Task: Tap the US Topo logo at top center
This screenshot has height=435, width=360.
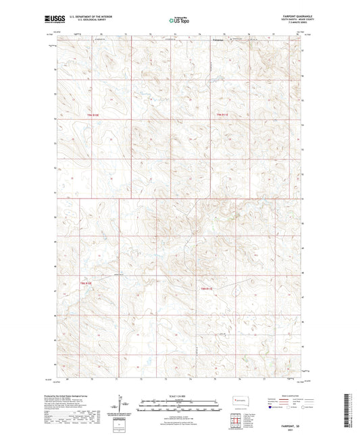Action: coord(179,21)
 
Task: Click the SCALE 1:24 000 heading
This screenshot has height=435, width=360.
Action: coord(179,395)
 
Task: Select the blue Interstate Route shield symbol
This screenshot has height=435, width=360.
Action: coord(272,408)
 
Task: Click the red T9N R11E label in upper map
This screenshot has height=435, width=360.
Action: coord(223,117)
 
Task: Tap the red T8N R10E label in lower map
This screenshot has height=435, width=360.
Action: coord(86,282)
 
